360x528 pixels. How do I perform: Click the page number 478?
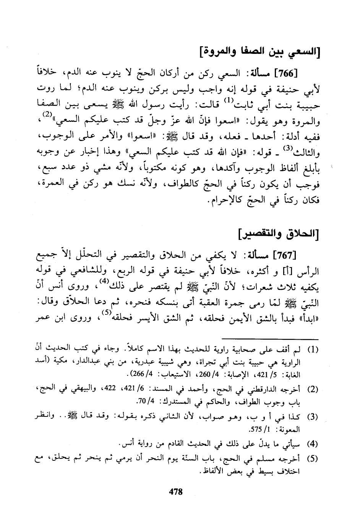click(x=176, y=491)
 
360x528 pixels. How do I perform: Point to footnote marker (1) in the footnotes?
click(x=313, y=350)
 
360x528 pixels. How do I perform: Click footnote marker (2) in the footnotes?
click(x=313, y=389)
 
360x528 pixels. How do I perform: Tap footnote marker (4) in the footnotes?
click(x=313, y=444)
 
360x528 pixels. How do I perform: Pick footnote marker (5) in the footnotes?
click(x=313, y=459)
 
